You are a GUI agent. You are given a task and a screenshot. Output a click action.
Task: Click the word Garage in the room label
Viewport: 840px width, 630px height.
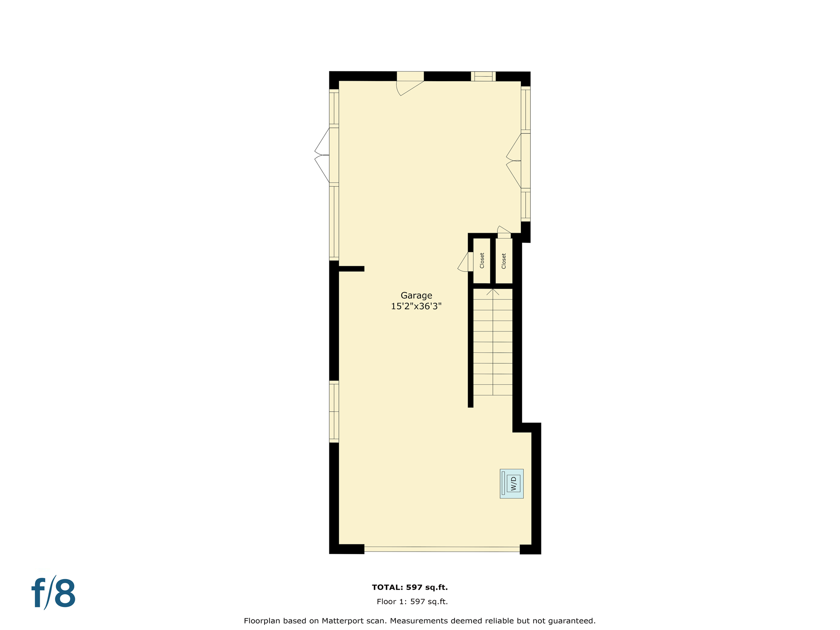pyautogui.click(x=416, y=295)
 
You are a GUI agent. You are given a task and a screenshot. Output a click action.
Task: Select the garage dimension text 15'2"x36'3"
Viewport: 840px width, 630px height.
pyautogui.click(x=416, y=306)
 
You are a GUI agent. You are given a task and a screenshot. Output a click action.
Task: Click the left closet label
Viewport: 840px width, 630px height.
pyautogui.click(x=482, y=260)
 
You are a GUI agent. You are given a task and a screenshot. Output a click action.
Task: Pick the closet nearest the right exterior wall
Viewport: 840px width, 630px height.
pyautogui.click(x=504, y=261)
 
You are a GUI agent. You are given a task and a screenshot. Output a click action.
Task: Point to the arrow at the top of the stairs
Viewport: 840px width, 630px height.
pyautogui.click(x=493, y=292)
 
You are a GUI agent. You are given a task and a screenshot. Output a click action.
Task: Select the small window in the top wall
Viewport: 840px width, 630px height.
pyautogui.click(x=483, y=76)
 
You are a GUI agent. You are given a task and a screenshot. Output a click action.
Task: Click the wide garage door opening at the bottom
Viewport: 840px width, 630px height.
pyautogui.click(x=442, y=549)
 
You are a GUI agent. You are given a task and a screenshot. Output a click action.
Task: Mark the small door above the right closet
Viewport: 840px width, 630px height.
pyautogui.click(x=504, y=233)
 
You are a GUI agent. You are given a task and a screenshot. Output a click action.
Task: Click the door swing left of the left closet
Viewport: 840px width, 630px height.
pyautogui.click(x=465, y=262)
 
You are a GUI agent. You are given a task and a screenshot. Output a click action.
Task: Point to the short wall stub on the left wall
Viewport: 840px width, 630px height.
pyautogui.click(x=352, y=269)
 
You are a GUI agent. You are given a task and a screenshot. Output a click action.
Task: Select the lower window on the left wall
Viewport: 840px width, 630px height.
pyautogui.click(x=334, y=411)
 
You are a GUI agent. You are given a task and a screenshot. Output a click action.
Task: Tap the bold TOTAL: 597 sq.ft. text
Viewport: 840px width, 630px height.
pyautogui.click(x=409, y=587)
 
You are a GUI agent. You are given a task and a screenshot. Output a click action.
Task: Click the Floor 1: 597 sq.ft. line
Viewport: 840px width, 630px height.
pyautogui.click(x=412, y=602)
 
